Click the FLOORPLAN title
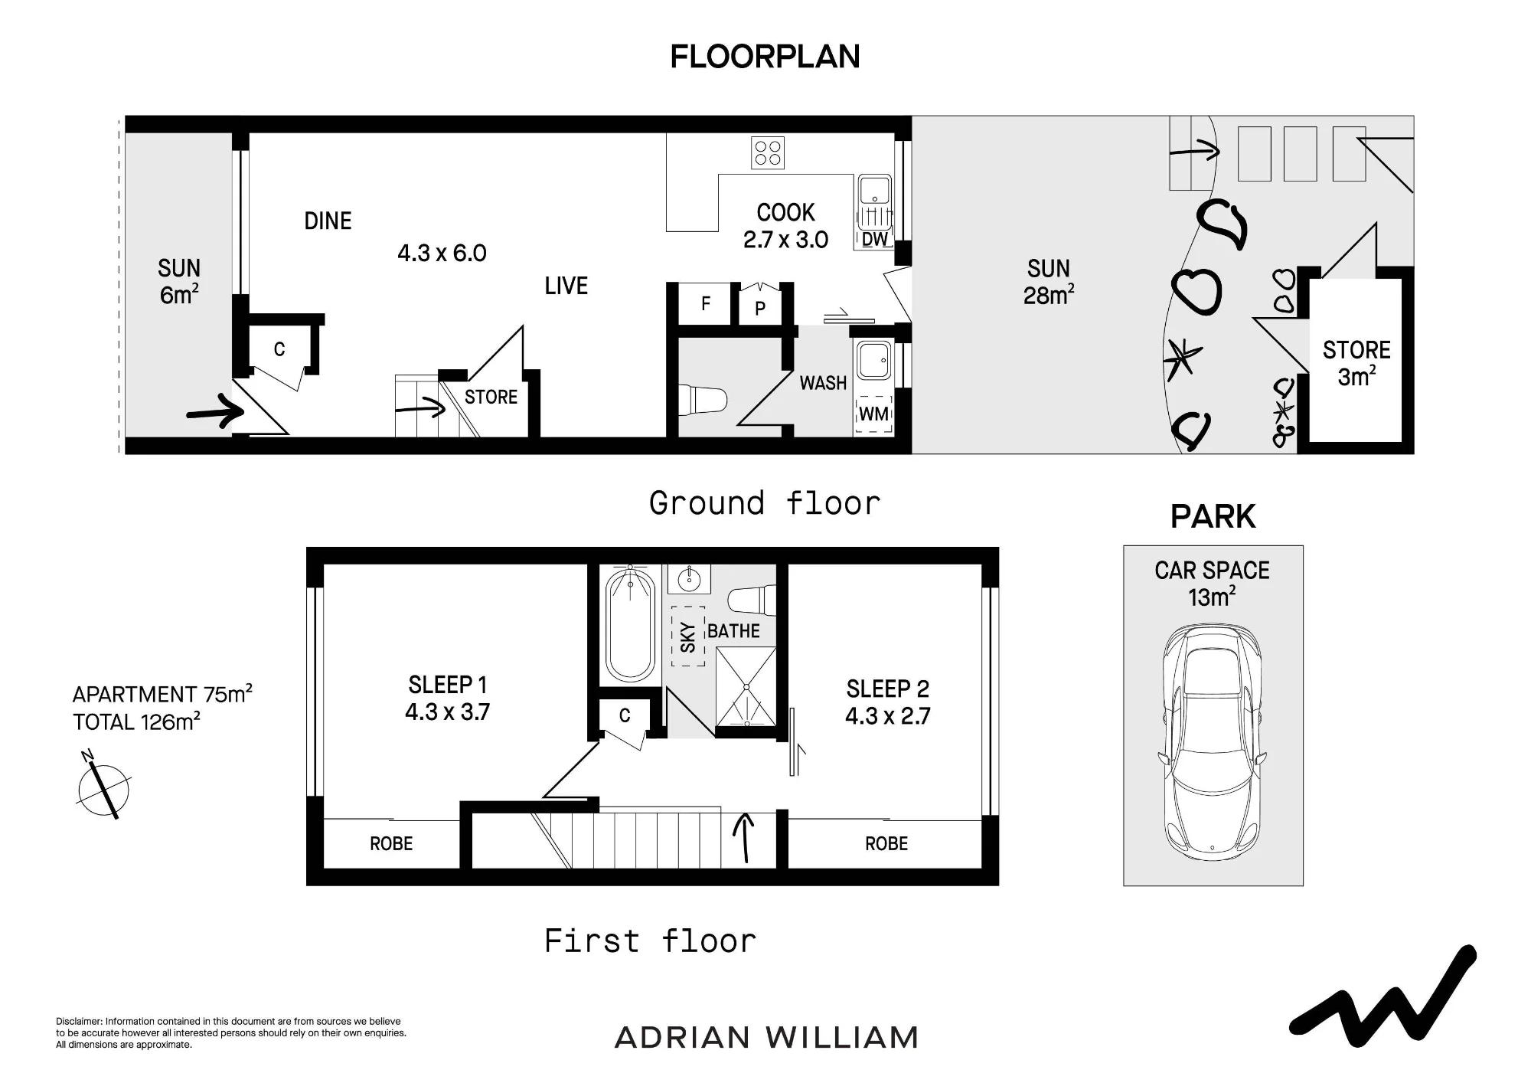tap(765, 57)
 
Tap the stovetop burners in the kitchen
tap(767, 152)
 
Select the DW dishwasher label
tap(874, 239)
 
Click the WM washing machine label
tap(874, 414)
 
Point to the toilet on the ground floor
tap(702, 399)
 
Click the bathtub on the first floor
tap(630, 625)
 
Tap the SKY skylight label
tap(688, 637)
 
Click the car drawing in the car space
tap(1212, 743)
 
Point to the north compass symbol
tap(103, 787)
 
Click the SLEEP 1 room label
tap(447, 685)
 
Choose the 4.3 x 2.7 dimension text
tap(888, 716)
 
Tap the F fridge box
tap(707, 304)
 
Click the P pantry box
tap(760, 306)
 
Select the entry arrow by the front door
tap(215, 411)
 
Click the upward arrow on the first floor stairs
tap(744, 838)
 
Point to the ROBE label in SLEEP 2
tap(886, 844)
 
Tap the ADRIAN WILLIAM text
tap(766, 1038)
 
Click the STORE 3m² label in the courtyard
tap(1356, 363)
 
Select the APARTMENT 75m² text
tap(162, 694)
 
